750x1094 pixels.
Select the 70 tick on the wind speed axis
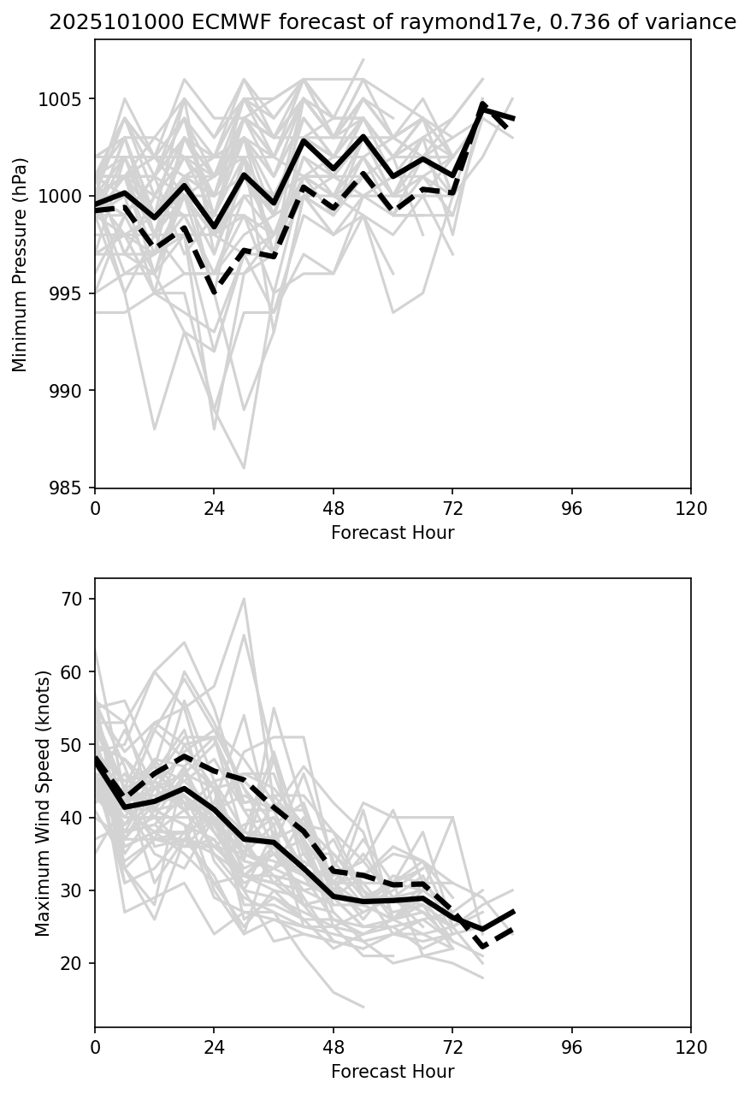(72, 599)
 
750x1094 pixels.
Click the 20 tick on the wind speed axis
(72, 963)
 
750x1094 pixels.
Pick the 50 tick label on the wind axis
(72, 745)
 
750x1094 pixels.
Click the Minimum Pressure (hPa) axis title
(21, 264)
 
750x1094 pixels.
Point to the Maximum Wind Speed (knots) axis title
(44, 802)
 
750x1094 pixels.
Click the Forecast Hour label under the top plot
(393, 534)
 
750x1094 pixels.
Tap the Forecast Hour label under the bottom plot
(393, 1073)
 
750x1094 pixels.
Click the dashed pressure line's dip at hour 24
(214, 293)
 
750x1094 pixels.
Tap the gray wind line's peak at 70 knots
(244, 599)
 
